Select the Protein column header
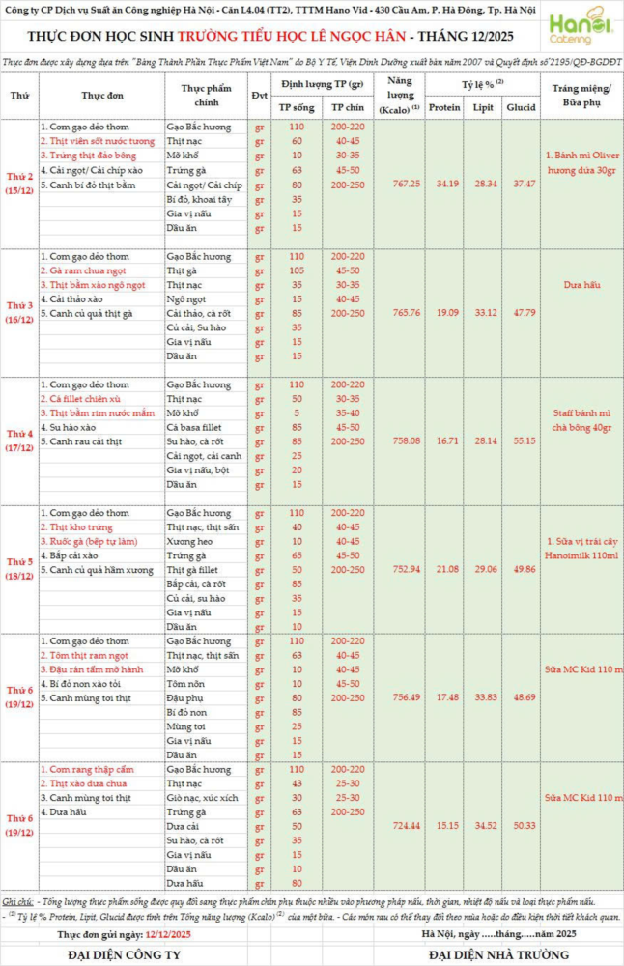tap(443, 107)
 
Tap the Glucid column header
tap(524, 107)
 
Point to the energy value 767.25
tap(400, 184)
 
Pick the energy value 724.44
tap(400, 826)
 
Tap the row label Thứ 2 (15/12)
tap(19, 184)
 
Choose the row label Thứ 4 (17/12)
tap(19, 440)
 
